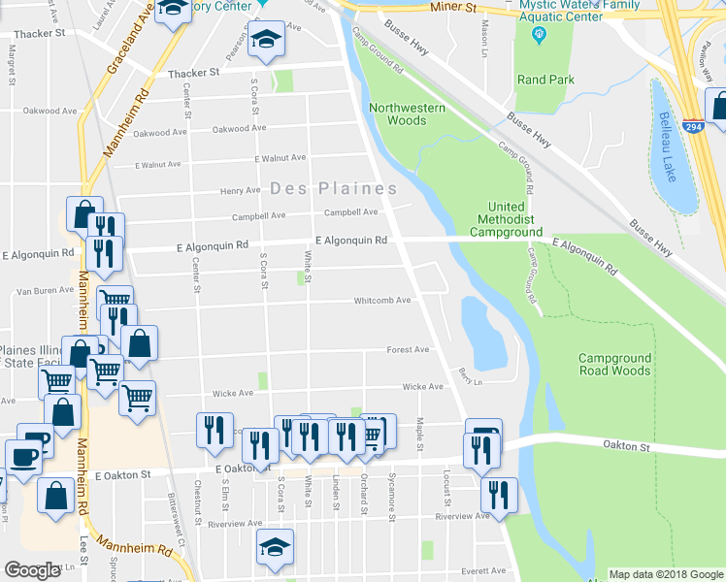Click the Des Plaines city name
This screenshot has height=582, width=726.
[333, 188]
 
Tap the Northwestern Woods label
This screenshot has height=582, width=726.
[407, 113]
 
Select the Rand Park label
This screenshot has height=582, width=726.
[545, 80]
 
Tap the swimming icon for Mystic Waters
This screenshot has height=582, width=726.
[540, 36]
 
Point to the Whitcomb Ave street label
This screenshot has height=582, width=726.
[381, 301]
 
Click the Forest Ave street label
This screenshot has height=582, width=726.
[408, 349]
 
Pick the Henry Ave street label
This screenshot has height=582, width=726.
[241, 190]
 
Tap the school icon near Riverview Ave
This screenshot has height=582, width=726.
[275, 546]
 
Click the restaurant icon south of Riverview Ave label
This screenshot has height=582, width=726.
[499, 493]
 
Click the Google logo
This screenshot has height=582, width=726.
[33, 570]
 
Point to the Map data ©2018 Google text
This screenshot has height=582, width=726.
[665, 574]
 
